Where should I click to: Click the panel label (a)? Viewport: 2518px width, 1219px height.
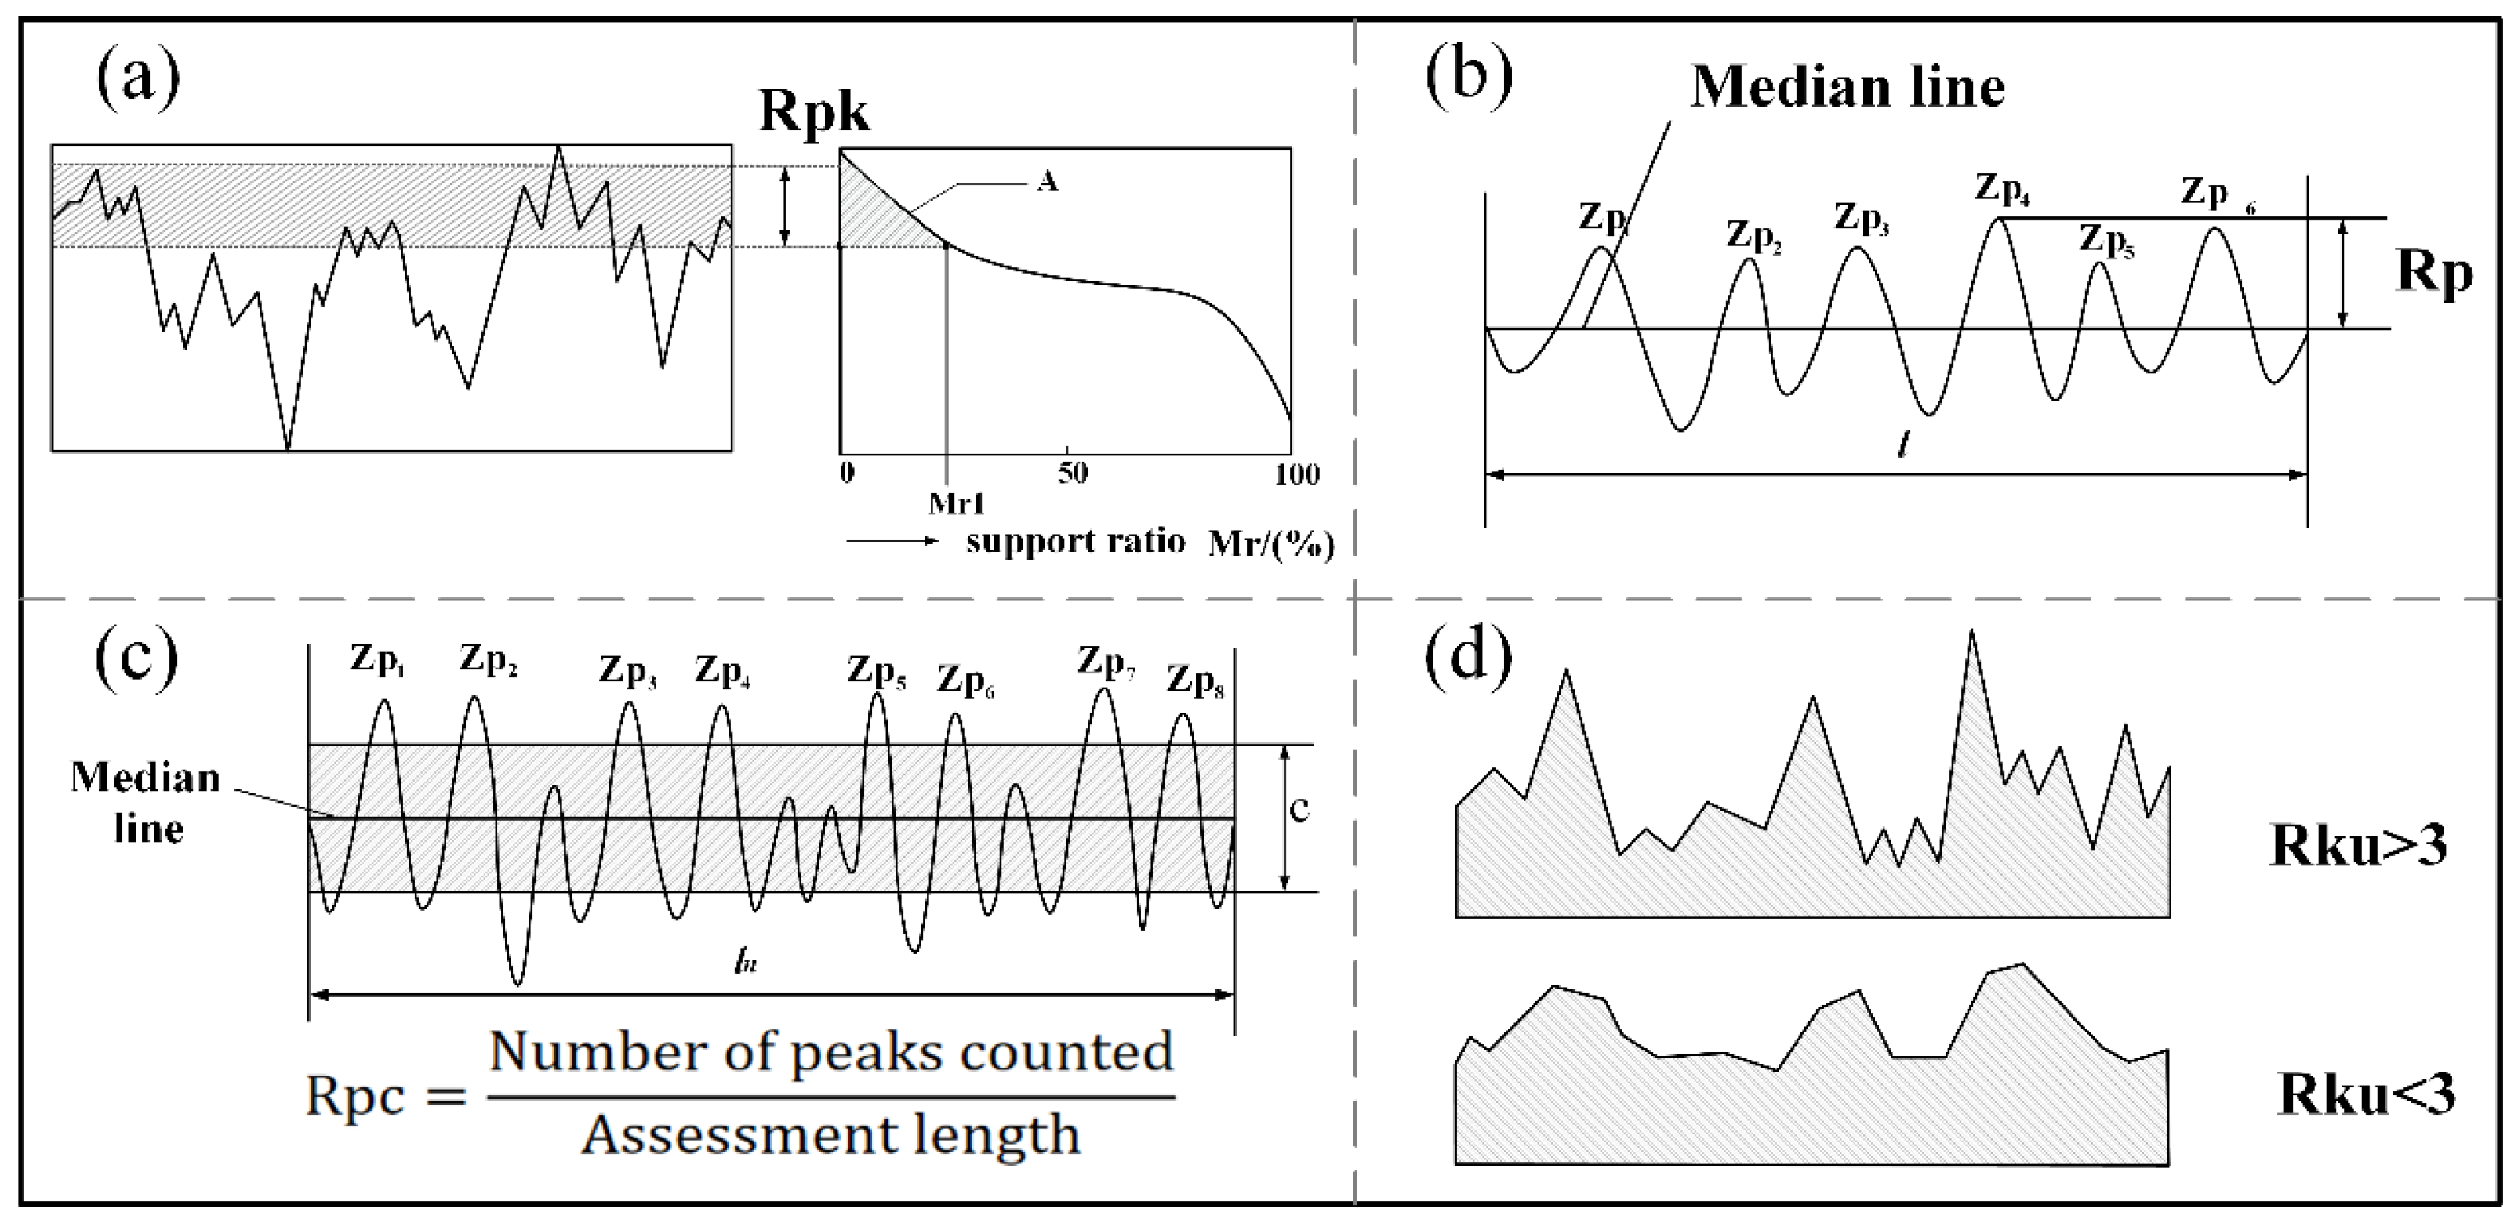point(138,78)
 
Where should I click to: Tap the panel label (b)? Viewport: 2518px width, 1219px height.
point(1469,78)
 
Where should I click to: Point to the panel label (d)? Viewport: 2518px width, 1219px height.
point(1469,656)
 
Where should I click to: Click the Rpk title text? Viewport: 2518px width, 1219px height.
point(813,111)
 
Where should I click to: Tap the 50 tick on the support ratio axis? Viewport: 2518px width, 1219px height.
point(1071,474)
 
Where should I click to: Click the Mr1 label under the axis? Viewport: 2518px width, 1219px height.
point(956,504)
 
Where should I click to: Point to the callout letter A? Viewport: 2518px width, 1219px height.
point(1047,182)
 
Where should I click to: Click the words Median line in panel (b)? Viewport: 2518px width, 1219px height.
point(1848,87)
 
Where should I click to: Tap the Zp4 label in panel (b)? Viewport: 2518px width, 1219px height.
point(2003,189)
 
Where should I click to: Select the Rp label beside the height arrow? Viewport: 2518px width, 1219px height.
point(2435,274)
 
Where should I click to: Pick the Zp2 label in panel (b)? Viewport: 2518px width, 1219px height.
point(1753,236)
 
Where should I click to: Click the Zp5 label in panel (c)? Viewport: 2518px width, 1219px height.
point(876,672)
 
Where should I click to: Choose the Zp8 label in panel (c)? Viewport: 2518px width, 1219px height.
point(1194,681)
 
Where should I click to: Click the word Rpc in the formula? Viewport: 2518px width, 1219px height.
point(354,1096)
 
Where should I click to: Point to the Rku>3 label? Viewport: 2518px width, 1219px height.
point(2358,844)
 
